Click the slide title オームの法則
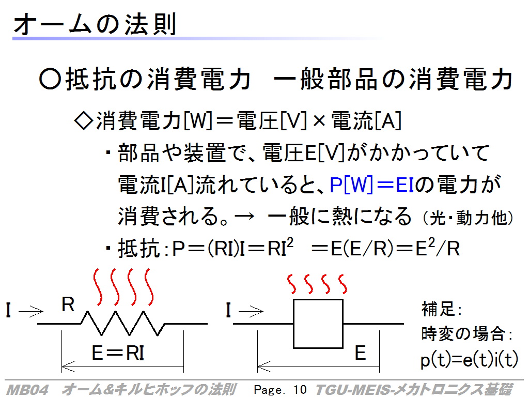coord(95,24)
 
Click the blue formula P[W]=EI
coord(372,185)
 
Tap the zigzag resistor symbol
coord(122,324)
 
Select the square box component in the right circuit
coord(318,324)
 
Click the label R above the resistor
coord(68,304)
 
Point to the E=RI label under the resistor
coord(118,353)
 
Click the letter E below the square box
coord(360,353)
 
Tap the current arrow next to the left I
coord(31,311)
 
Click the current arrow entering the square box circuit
coord(251,311)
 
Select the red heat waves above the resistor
coord(123,287)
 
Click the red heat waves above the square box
coord(317,284)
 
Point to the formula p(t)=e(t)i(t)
coord(469,359)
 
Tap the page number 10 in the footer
coord(300,390)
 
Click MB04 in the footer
coord(28,390)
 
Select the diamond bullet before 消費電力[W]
coord(83,121)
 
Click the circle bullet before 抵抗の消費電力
coord(50,79)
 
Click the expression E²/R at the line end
coord(438,248)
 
